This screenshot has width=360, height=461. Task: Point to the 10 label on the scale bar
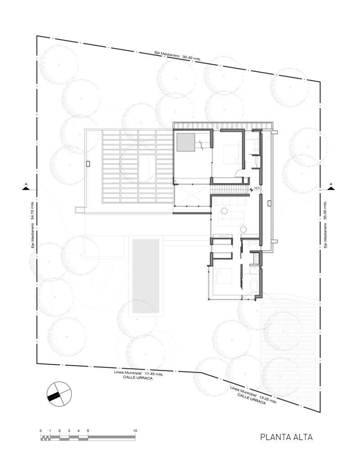pos(135,431)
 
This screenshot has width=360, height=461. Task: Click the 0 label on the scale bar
pos(41,431)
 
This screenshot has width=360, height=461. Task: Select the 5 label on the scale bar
pos(88,431)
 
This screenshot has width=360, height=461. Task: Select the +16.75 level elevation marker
pos(256,189)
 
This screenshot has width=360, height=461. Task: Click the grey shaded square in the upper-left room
pos(186,143)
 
